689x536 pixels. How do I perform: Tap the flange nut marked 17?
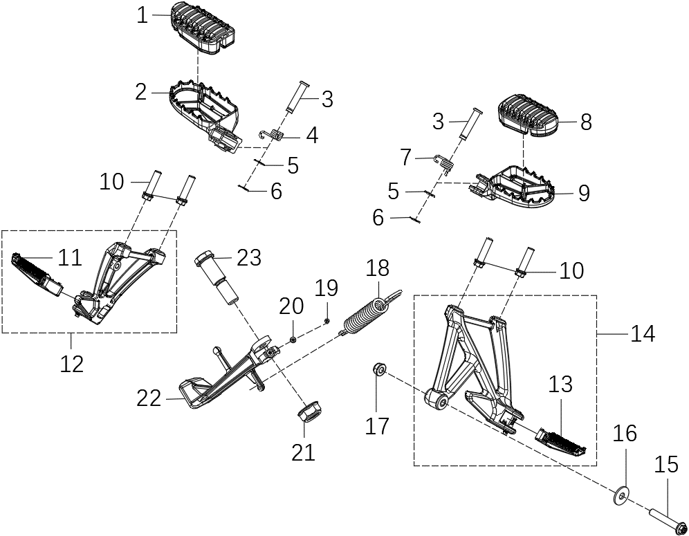click(x=379, y=369)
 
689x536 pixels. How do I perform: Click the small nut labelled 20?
click(x=294, y=339)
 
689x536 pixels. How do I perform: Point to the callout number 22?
click(x=149, y=398)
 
